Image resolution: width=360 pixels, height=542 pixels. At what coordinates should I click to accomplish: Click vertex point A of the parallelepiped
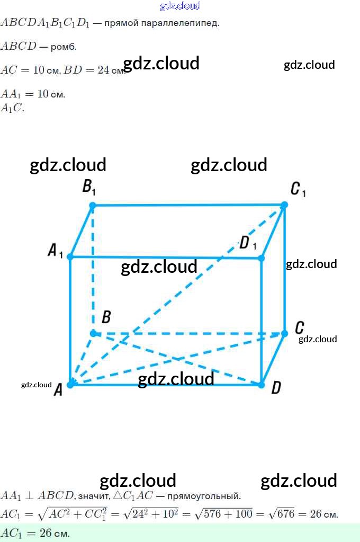coord(70,384)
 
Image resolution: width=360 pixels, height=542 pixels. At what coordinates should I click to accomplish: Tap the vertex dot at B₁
coord(93,206)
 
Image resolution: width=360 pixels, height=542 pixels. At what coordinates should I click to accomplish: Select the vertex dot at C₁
coord(284,205)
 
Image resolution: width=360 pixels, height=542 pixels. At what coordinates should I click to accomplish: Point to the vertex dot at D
coord(261,385)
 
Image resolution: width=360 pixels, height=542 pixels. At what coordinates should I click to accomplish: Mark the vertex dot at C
coord(284,333)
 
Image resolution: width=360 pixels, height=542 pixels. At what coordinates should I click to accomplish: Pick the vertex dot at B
coord(93,333)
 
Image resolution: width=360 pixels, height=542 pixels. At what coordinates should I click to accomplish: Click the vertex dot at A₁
coord(70,257)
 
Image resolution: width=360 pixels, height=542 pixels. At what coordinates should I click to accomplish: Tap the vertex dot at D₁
coord(261,258)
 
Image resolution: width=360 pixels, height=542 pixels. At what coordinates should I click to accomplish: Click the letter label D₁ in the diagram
coord(247,243)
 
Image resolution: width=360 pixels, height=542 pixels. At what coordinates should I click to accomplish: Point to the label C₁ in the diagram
coord(298,189)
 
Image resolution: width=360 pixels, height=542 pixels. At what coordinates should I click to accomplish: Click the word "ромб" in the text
coord(64,47)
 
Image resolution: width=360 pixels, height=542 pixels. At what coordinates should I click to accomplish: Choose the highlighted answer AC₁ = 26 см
coord(35,533)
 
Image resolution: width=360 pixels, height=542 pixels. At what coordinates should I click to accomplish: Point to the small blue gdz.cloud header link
coord(180,6)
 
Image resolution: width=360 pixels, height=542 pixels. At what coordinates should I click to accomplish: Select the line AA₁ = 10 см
coord(33,94)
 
